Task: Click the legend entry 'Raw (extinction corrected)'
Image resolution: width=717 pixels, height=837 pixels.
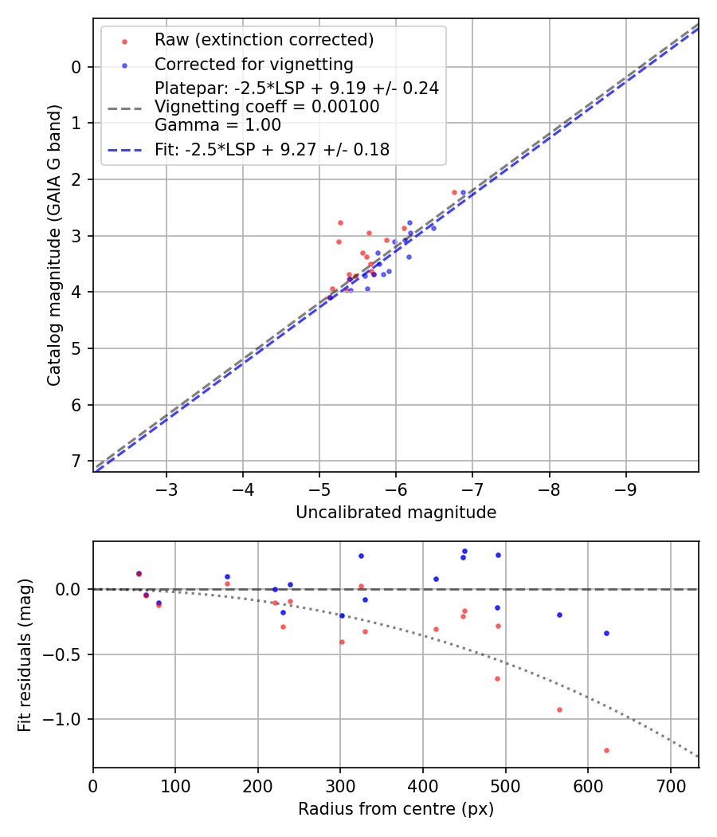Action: coord(264,40)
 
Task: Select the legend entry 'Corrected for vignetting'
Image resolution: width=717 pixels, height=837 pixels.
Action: coord(253,64)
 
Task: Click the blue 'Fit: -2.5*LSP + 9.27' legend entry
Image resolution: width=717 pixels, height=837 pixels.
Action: coord(272,149)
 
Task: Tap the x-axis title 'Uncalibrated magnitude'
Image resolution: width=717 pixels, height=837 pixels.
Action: coord(396,513)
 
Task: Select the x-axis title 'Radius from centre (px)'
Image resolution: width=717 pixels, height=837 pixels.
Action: coord(396,809)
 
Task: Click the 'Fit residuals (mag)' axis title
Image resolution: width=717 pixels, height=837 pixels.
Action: coord(25,654)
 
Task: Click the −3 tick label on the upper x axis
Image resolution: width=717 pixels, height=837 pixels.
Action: coord(167,487)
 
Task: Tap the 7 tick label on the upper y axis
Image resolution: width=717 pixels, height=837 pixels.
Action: coord(76,462)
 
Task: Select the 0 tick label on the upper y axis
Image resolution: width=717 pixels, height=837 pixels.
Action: coord(76,67)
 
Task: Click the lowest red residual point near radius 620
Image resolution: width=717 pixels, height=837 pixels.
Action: coord(606,750)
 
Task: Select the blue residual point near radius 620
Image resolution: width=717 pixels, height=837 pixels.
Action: coord(606,633)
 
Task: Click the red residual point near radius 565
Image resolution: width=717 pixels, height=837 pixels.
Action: coord(559,709)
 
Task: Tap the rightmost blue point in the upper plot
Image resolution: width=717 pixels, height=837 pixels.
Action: coord(463,192)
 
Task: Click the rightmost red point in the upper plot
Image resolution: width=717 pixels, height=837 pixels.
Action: coord(454,192)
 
